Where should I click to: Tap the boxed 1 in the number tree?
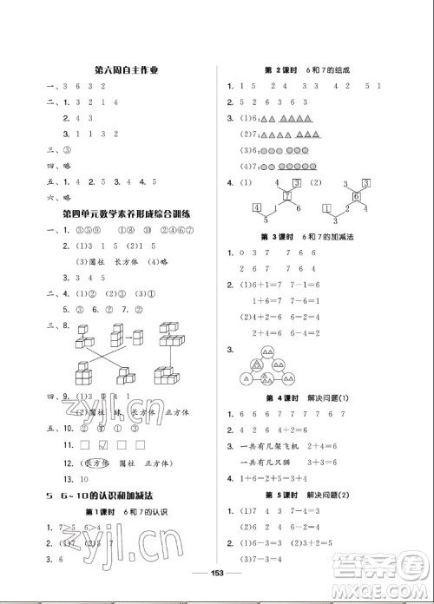326,207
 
